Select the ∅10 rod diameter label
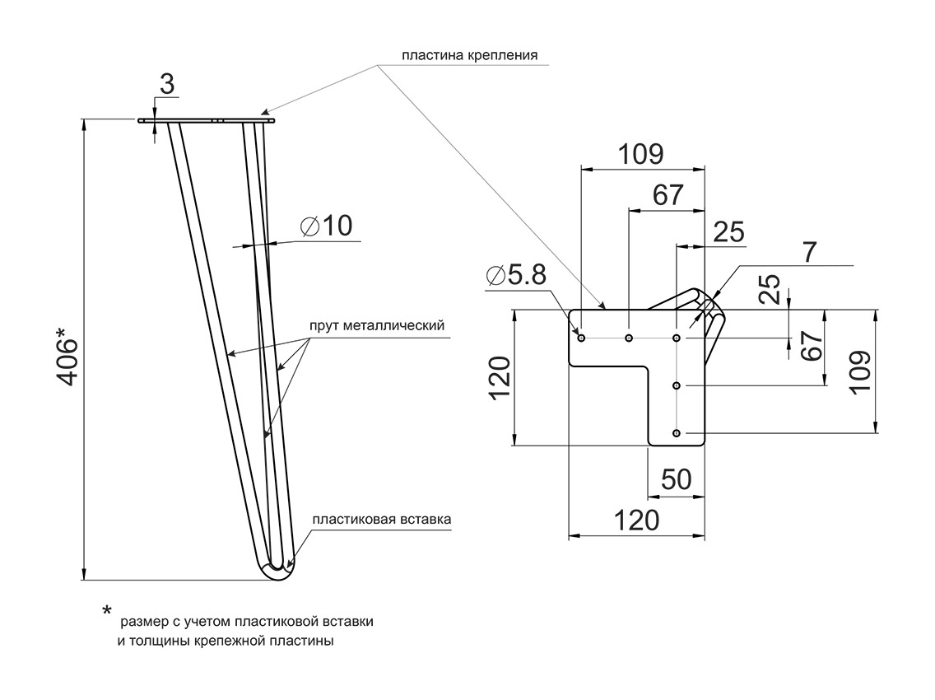pos(327,226)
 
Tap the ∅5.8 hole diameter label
pos(515,276)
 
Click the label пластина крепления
pos(469,56)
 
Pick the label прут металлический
pos(377,325)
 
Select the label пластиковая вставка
pos(382,520)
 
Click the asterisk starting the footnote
pos(107,611)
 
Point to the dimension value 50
pos(677,479)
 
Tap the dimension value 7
pos(811,253)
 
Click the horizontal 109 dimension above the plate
pos(641,154)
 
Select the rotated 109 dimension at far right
pos(858,372)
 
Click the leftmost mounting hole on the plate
pos(582,338)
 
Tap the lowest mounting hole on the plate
pos(677,433)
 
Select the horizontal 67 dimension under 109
pos(668,195)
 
